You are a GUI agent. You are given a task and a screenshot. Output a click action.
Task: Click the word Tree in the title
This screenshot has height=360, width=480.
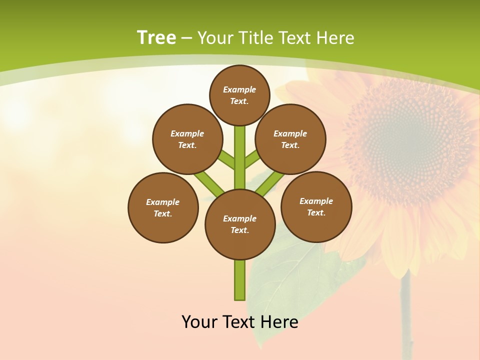click(156, 38)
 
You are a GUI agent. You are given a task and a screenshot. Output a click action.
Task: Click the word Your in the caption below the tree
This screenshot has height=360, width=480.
click(200, 322)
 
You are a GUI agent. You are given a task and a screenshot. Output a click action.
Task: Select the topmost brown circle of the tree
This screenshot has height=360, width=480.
click(239, 95)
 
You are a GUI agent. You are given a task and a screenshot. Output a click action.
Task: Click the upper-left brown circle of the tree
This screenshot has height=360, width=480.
click(187, 139)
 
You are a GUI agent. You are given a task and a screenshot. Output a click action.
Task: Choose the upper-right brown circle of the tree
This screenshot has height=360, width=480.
click(290, 139)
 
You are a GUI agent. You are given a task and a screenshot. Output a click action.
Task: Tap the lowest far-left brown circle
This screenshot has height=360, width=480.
click(163, 207)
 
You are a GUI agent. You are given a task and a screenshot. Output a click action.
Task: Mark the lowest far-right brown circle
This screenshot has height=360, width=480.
click(316, 206)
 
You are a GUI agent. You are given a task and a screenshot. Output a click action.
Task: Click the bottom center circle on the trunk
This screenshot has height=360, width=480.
click(240, 224)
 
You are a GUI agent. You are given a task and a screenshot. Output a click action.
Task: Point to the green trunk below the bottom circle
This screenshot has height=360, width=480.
click(240, 280)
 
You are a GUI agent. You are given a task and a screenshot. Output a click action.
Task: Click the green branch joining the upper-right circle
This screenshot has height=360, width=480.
click(252, 160)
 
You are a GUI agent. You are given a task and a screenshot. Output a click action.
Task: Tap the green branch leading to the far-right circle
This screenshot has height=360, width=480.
click(270, 182)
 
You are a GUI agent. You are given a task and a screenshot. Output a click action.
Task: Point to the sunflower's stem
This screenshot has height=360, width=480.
click(406, 315)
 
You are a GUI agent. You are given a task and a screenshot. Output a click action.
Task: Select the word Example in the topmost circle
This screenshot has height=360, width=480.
click(239, 90)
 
